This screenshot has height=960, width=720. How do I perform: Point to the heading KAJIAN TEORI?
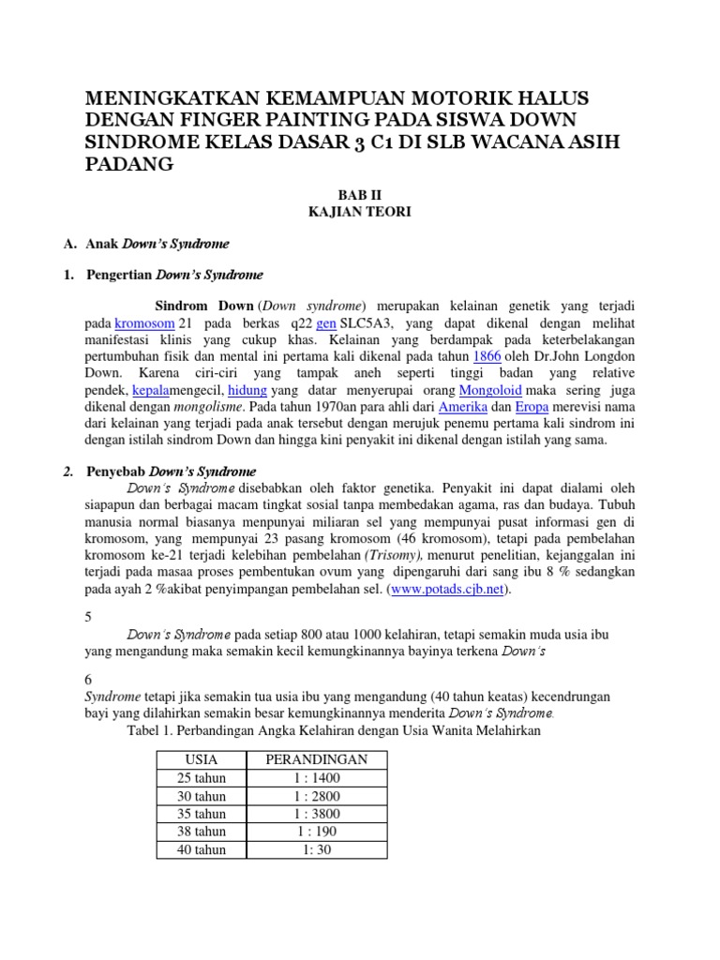(x=359, y=213)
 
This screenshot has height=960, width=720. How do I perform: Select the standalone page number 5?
(x=88, y=618)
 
